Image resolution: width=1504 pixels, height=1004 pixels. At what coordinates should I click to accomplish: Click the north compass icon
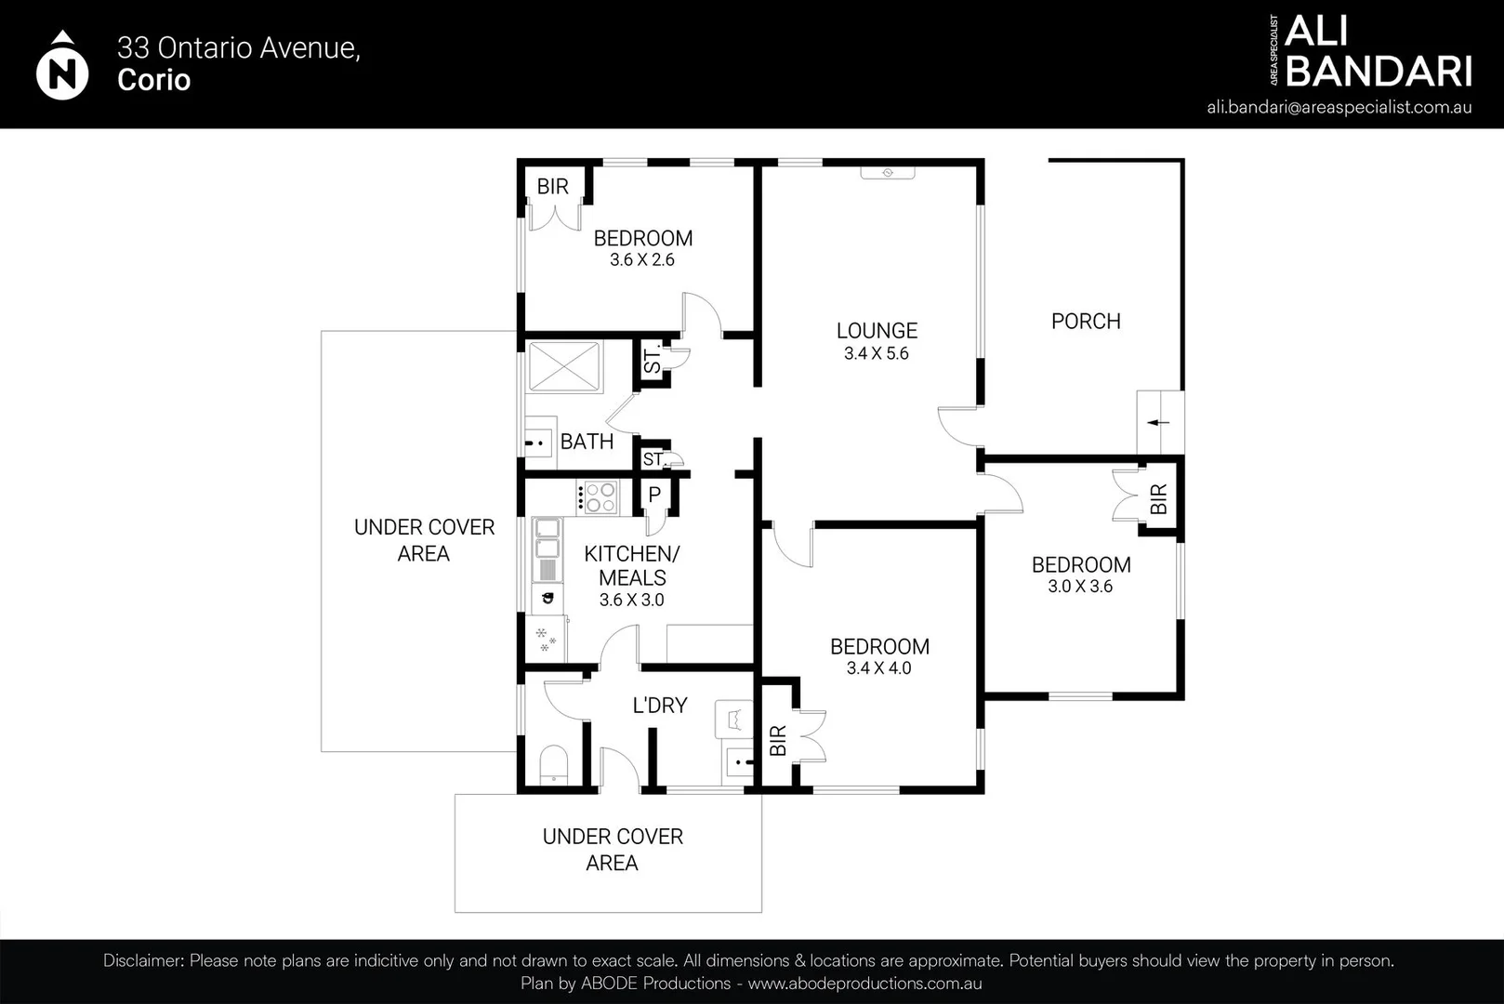[61, 66]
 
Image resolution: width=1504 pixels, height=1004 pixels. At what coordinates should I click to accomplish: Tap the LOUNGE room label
[877, 330]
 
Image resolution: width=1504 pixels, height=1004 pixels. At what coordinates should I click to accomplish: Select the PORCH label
[1086, 322]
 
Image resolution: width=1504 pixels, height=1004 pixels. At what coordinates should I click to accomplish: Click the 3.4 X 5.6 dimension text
[877, 353]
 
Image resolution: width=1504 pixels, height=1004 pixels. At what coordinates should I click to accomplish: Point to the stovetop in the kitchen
[597, 498]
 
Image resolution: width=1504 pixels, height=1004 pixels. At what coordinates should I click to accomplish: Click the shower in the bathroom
[564, 366]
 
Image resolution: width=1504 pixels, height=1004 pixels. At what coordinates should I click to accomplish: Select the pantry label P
[654, 495]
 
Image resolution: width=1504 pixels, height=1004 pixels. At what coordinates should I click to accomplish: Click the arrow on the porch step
[1158, 422]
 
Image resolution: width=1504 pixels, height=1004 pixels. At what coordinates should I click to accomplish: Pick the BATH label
[587, 442]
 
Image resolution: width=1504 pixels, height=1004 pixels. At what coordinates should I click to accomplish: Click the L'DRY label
[660, 706]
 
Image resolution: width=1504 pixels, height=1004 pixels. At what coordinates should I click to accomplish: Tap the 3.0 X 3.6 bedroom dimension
[1080, 587]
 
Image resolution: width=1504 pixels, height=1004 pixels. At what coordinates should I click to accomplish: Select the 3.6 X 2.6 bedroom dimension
[642, 260]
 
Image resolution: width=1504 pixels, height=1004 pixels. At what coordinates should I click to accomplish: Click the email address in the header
[1339, 108]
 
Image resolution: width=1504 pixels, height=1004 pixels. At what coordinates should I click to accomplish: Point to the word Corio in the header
[153, 80]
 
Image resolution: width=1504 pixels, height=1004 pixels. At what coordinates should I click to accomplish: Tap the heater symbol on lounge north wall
[888, 173]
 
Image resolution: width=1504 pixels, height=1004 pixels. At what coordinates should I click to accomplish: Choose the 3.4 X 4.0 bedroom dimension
[879, 668]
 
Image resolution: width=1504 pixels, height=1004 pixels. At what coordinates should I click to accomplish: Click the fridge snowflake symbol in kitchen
[545, 639]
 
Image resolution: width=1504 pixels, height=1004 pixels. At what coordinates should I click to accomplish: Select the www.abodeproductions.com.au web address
[864, 984]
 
